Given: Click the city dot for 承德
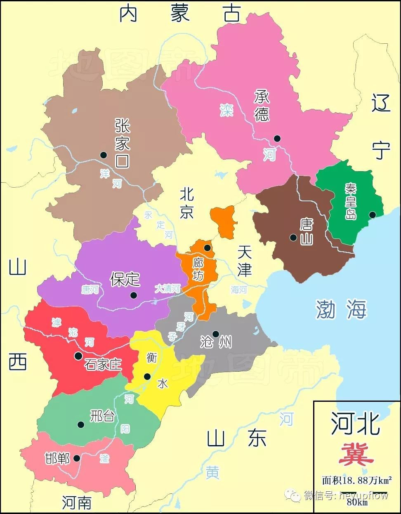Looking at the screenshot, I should click(x=277, y=139).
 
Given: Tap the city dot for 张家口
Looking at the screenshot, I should click(x=103, y=155).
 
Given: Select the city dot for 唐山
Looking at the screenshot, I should click(x=293, y=237).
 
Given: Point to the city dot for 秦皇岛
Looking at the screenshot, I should click(x=372, y=215).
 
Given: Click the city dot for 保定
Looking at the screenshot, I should click(x=133, y=295).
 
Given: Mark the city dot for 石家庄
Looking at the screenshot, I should click(x=78, y=356).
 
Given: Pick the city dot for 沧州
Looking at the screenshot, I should click(x=215, y=334).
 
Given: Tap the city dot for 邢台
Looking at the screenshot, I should click(x=81, y=424).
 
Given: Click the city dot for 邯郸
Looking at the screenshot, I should click(x=77, y=458).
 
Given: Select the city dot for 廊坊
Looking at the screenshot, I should click(x=207, y=248).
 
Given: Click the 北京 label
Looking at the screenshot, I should click(x=186, y=203).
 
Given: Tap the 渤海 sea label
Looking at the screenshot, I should click(x=341, y=309).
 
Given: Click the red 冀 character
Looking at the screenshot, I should click(x=356, y=455).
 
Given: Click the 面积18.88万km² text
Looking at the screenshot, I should click(x=357, y=480).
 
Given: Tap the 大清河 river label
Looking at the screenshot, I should click(x=167, y=289).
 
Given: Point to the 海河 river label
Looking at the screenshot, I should click(x=239, y=290).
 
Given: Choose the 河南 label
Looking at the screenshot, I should click(x=77, y=502).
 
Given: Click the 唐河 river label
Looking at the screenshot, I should click(x=90, y=290).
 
